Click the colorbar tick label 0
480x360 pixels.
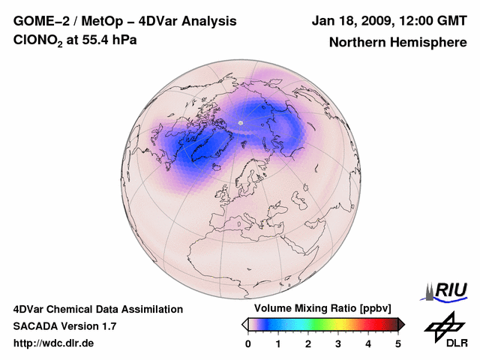point(248,343)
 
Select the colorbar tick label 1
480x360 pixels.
point(278,343)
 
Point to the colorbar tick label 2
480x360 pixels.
point(308,343)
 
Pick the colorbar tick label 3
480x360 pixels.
point(338,343)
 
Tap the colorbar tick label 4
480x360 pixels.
point(368,343)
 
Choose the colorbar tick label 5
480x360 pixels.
point(398,343)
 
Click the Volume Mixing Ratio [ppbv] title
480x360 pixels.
point(323,309)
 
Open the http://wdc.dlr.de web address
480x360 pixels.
point(54,343)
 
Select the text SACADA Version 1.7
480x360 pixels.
point(64,326)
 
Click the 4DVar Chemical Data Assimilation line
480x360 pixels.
point(97,309)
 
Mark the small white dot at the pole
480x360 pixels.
point(241,122)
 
